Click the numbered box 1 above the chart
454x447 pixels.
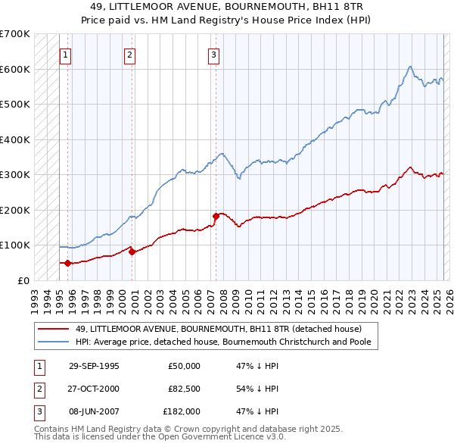click(x=66, y=55)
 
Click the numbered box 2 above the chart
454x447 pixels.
click(x=130, y=55)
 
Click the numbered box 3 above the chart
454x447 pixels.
click(x=214, y=55)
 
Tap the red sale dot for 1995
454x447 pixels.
click(x=67, y=263)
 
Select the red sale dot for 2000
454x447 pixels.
click(x=132, y=252)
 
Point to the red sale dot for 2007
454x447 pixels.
click(x=216, y=216)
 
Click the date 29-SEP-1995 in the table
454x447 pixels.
click(x=94, y=366)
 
